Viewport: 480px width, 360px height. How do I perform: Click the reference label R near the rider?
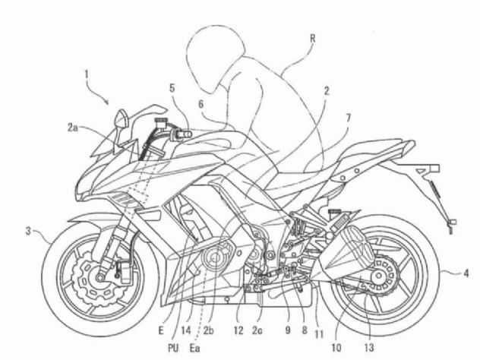(x=313, y=38)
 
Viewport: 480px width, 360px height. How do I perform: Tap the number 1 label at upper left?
(x=87, y=74)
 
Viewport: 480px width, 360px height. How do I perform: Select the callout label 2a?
(x=73, y=128)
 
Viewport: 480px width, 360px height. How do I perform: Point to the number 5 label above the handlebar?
(x=172, y=88)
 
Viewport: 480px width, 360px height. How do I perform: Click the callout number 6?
(x=201, y=104)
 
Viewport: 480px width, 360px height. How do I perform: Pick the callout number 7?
(x=349, y=117)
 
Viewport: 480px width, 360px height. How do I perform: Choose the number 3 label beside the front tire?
(x=28, y=231)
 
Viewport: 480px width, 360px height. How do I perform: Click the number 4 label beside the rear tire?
(x=466, y=273)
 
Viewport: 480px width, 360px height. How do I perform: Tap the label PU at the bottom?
(x=173, y=348)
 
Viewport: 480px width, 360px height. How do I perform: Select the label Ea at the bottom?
(x=194, y=348)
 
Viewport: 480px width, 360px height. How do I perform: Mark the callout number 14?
(x=186, y=330)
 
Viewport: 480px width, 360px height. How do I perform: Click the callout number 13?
(x=369, y=348)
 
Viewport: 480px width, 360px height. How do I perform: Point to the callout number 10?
(x=336, y=348)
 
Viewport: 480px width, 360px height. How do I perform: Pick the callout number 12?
(x=238, y=330)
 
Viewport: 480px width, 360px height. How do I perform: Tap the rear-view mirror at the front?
(x=122, y=118)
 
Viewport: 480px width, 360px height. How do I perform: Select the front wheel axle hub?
(x=99, y=278)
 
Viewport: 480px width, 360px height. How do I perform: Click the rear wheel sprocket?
(x=381, y=276)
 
